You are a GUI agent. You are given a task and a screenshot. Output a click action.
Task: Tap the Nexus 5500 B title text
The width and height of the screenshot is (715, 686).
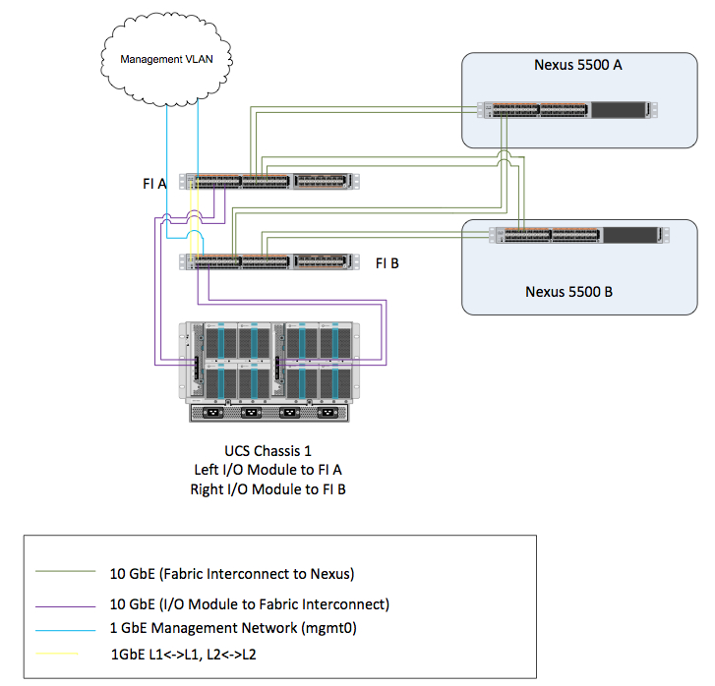tap(568, 291)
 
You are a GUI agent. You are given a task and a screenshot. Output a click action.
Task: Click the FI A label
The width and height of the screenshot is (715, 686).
tap(156, 182)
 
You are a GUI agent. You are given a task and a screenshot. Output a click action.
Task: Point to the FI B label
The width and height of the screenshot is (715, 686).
tap(387, 263)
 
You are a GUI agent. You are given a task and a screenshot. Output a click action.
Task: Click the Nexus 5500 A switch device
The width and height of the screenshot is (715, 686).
tap(566, 110)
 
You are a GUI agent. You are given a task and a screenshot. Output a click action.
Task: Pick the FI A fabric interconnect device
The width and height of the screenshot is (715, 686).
tap(276, 181)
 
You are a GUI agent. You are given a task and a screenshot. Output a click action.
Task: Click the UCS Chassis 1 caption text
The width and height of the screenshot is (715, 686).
tap(268, 452)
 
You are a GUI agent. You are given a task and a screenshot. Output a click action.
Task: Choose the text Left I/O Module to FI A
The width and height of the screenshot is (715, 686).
tap(268, 471)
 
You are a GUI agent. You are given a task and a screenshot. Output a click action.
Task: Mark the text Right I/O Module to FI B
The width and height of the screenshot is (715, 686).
tap(268, 489)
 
